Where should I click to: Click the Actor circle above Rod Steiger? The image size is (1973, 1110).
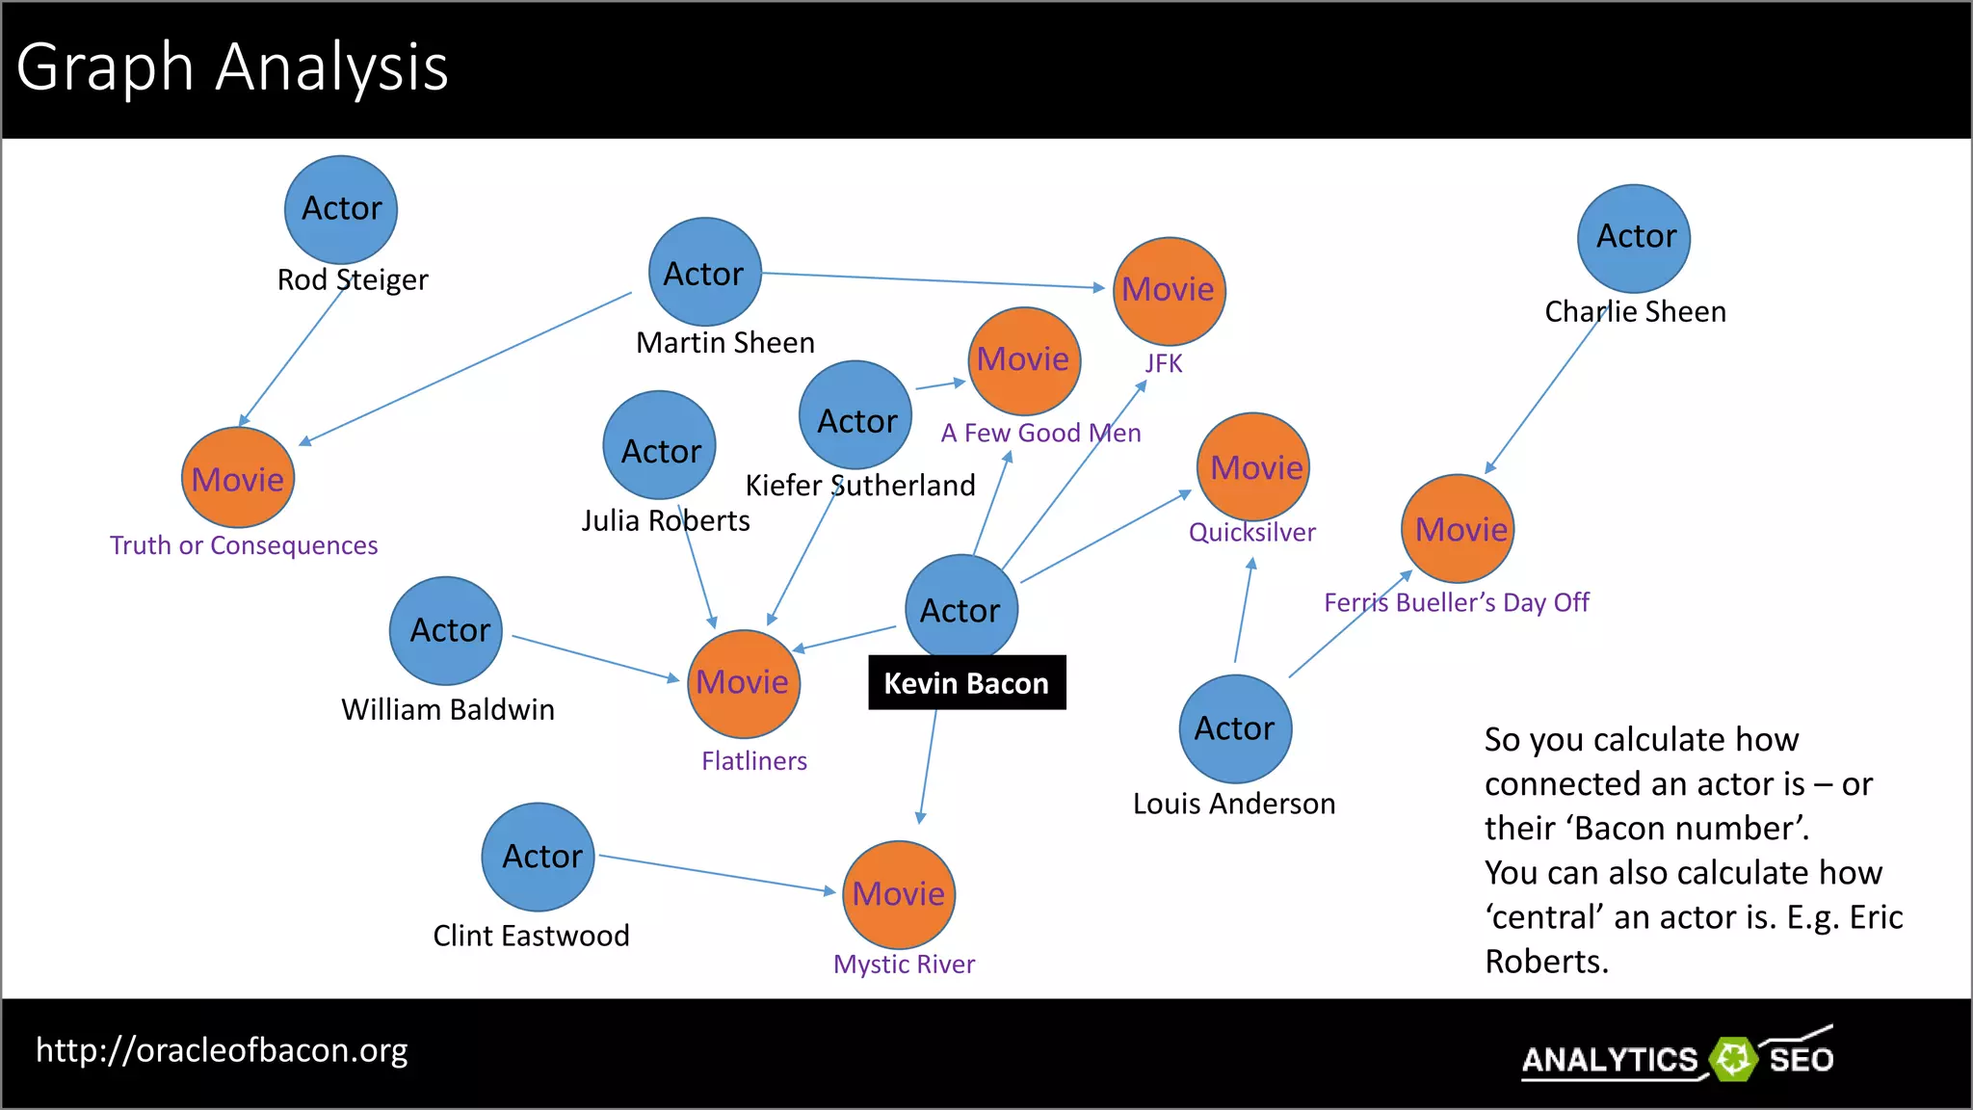[341, 209]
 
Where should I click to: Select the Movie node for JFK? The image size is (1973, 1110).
[1169, 290]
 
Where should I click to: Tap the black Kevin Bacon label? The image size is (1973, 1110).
[966, 683]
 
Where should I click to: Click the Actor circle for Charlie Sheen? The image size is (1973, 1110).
[1634, 238]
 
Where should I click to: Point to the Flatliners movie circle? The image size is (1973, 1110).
[743, 683]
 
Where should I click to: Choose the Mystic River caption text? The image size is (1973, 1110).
[904, 965]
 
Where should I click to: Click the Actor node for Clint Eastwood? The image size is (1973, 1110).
[539, 857]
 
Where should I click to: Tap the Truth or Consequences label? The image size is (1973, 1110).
[244, 545]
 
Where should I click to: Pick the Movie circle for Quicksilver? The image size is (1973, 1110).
[1253, 467]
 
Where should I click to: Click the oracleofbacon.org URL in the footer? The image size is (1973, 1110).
[222, 1050]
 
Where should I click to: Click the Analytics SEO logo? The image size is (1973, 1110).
[1677, 1058]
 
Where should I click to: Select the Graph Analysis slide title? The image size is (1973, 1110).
[233, 67]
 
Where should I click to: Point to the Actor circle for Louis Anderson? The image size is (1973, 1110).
[1235, 728]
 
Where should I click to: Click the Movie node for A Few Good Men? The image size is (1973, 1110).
[1023, 360]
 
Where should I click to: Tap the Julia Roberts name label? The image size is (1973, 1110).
[665, 521]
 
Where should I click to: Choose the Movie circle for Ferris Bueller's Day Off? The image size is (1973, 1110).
[1458, 529]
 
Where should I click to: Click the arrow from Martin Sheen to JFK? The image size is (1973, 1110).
[933, 280]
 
